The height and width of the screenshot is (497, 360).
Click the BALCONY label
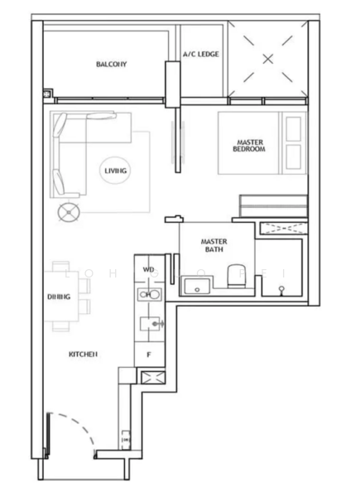click(110, 64)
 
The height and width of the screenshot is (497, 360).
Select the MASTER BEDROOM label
click(248, 146)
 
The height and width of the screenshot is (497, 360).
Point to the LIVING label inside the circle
click(116, 171)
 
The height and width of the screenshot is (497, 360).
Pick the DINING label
click(58, 296)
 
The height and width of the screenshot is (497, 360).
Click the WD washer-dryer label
click(149, 270)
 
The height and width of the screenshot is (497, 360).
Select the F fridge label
click(148, 354)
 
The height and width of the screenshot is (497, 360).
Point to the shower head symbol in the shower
click(282, 288)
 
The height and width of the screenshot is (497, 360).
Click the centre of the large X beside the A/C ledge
click(267, 58)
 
